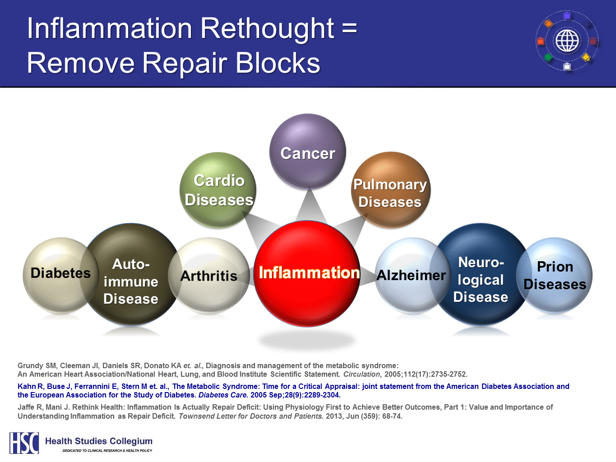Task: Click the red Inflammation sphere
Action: click(x=307, y=273)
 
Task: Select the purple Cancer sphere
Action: click(x=308, y=152)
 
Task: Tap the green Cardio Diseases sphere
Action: click(x=218, y=190)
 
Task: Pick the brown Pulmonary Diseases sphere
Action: click(x=391, y=190)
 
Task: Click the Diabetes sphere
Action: click(x=61, y=275)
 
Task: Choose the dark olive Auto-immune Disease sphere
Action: click(x=131, y=274)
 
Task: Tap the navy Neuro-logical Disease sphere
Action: click(x=481, y=274)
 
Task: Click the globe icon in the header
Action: click(x=567, y=41)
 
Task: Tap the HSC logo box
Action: click(x=24, y=443)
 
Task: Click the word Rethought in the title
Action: click(x=268, y=29)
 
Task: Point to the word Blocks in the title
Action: click(x=278, y=63)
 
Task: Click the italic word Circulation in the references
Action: click(x=362, y=374)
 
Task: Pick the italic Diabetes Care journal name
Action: click(x=223, y=395)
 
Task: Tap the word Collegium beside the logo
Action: click(x=131, y=441)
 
